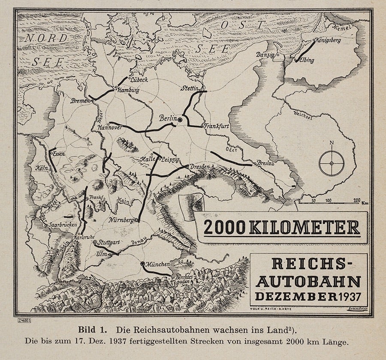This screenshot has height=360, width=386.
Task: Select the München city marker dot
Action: pos(143,264)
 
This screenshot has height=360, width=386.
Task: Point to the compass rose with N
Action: pos(332,163)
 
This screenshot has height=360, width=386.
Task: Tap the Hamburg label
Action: pos(128,90)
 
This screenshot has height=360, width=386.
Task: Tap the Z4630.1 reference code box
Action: pos(24,320)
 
